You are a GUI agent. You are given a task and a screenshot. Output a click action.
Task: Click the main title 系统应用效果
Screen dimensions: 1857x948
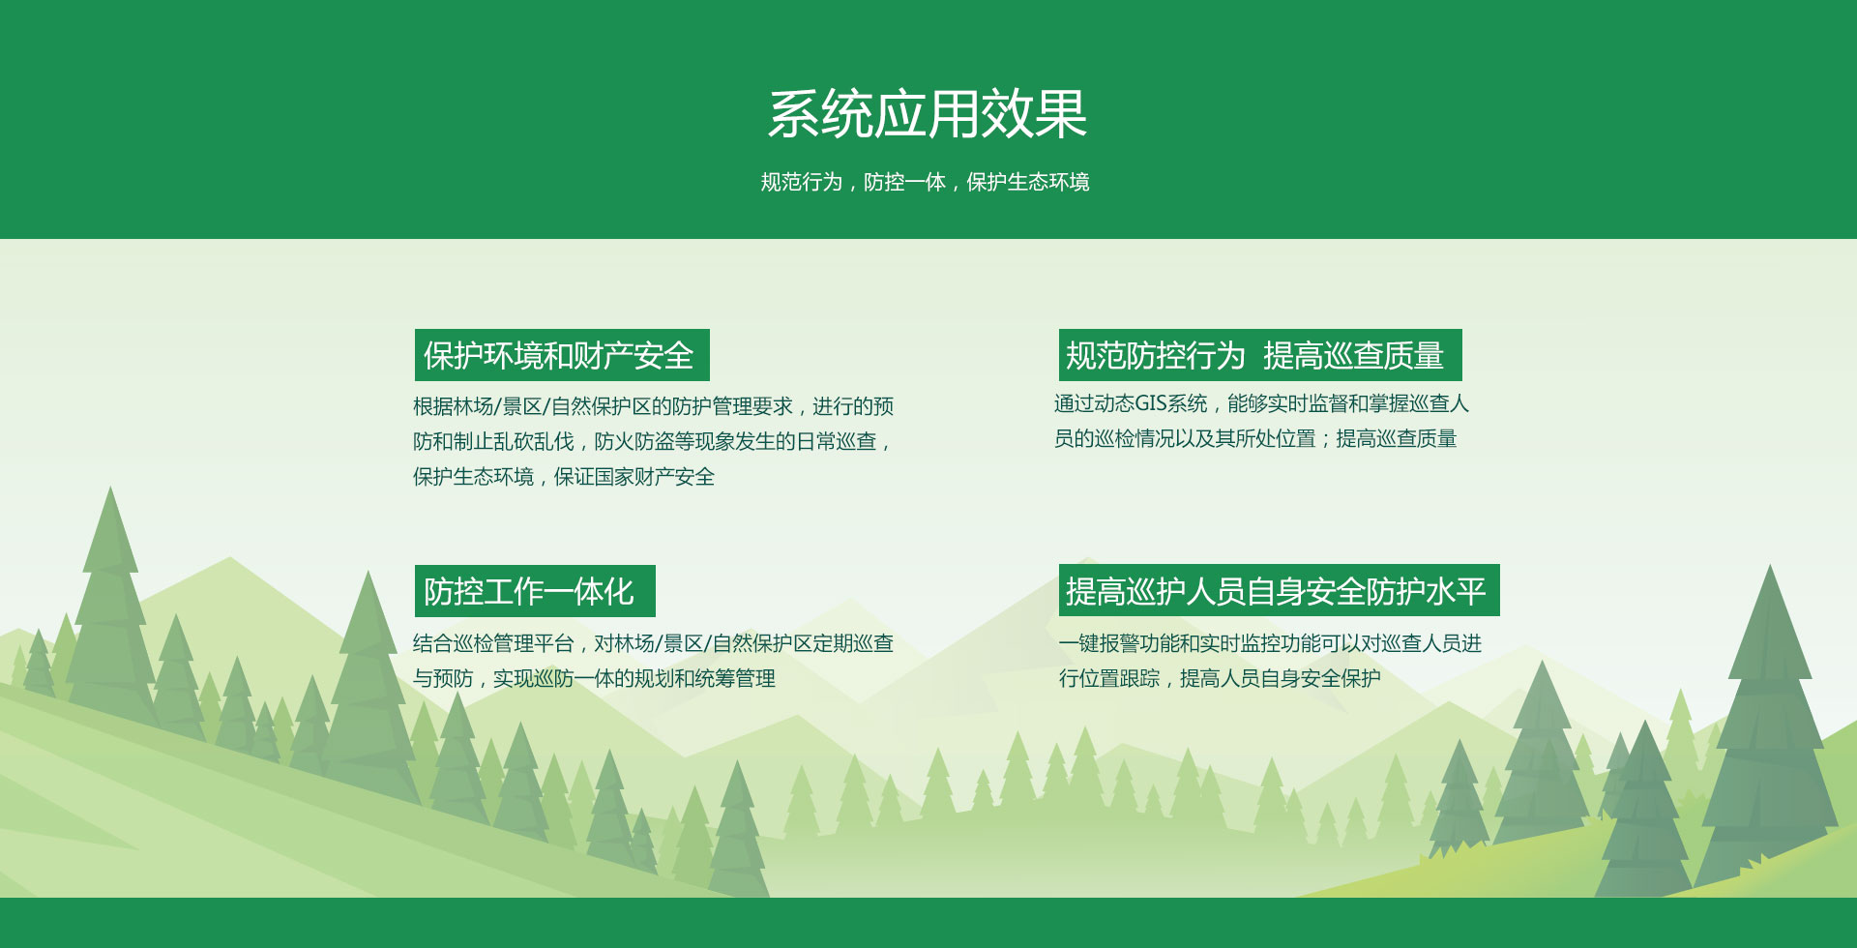(x=928, y=114)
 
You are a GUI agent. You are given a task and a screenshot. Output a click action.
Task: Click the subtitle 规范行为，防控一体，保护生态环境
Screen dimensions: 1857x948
(x=925, y=182)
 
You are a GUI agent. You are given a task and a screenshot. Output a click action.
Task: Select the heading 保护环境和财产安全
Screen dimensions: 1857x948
(x=559, y=355)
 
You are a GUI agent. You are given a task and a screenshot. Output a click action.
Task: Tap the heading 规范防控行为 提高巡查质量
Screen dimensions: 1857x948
(x=1254, y=355)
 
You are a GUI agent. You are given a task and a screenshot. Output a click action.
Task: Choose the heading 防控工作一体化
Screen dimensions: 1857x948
(x=529, y=591)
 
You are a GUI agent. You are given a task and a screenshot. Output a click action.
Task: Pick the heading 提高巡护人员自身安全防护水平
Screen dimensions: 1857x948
(x=1276, y=590)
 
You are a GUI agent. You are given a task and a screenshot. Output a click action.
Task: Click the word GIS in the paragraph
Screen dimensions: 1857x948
(x=1151, y=403)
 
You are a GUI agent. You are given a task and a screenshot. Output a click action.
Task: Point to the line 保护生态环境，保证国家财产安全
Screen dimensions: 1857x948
(x=564, y=477)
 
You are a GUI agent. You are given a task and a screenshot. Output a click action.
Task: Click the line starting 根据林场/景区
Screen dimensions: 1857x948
(x=653, y=406)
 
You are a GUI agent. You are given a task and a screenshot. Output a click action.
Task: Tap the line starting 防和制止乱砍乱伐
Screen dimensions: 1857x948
(x=652, y=442)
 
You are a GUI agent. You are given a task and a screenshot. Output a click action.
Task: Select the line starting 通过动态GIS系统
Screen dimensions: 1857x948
(x=1261, y=403)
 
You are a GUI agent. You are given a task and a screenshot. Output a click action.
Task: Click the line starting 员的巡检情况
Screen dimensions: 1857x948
(x=1255, y=439)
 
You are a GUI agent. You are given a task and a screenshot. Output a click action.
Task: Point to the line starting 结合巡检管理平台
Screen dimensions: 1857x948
(x=653, y=643)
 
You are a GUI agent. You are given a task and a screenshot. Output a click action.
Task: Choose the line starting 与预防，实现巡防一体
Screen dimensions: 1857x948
(x=594, y=679)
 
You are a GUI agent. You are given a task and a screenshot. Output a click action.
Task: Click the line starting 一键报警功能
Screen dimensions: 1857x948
(x=1270, y=643)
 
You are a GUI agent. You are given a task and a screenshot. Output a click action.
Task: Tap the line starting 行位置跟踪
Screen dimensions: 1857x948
(x=1220, y=679)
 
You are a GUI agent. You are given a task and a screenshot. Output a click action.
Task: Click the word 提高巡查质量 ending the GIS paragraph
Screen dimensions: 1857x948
(x=1397, y=439)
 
